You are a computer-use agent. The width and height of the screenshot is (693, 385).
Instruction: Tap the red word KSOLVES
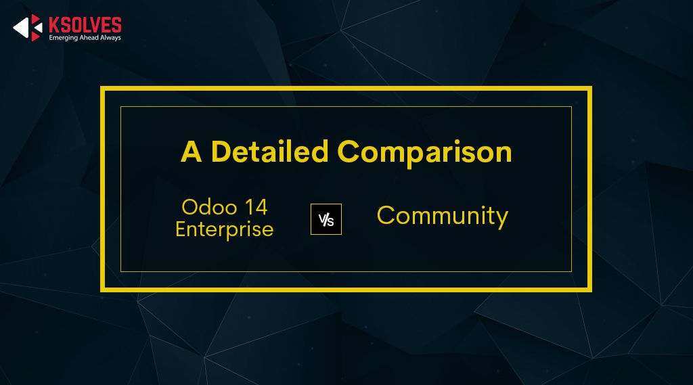(x=85, y=25)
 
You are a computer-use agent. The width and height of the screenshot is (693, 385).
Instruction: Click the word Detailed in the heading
(x=269, y=151)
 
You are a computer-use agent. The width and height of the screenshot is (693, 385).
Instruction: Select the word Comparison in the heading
(x=424, y=152)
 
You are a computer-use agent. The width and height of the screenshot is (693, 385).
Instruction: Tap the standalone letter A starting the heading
(x=191, y=152)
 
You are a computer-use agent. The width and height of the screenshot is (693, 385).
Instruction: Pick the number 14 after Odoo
(x=254, y=206)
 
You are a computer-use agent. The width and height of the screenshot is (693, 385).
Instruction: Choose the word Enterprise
(x=224, y=229)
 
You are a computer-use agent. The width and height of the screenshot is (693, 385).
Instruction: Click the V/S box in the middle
(x=326, y=219)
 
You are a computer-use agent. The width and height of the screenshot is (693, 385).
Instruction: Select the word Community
(x=442, y=216)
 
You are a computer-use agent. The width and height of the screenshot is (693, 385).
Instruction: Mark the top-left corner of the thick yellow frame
(x=102, y=88)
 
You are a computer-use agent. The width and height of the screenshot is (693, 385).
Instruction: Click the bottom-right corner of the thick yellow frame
(x=590, y=290)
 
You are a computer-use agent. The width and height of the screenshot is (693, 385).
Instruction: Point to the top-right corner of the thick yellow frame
(x=590, y=88)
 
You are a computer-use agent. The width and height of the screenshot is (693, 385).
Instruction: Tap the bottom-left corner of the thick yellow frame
(x=102, y=290)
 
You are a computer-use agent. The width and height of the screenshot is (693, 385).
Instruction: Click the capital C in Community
(x=386, y=216)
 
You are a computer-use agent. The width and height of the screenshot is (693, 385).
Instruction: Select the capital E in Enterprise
(x=181, y=229)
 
